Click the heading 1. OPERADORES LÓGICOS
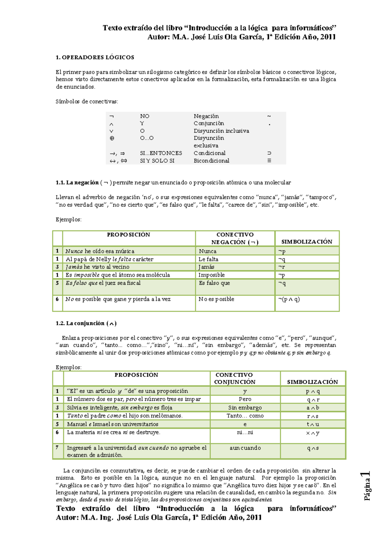[95, 57]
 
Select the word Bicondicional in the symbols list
[211, 161]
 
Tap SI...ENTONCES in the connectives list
[161, 153]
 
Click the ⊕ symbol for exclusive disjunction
[112, 138]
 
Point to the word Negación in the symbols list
[206, 116]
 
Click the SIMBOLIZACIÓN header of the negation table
[307, 242]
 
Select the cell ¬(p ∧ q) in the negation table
[289, 299]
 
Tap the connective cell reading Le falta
[208, 259]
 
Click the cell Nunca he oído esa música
[100, 251]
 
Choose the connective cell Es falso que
[214, 283]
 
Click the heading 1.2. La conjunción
[86, 323]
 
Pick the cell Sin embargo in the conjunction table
[245, 408]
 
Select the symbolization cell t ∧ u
[313, 424]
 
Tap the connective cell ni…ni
[245, 432]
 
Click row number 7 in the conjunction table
[57, 447]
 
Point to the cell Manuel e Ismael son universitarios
[113, 424]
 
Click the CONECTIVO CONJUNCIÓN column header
[235, 378]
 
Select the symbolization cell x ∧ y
[313, 433]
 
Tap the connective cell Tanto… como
[245, 416]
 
